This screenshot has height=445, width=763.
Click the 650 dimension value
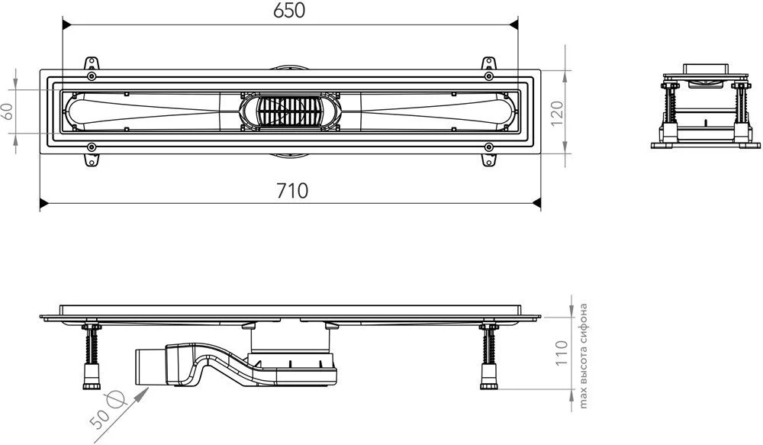289,11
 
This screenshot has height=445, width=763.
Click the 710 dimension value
292,191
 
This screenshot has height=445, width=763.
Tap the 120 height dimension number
557,114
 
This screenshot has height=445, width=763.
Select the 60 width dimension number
8,111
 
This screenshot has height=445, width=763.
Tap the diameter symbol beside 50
118,400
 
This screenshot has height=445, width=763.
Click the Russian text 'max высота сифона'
584,356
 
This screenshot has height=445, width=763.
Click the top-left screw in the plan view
91,76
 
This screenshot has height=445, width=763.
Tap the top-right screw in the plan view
488,76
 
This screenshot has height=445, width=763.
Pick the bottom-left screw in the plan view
91,147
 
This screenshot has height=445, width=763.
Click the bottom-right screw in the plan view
488,147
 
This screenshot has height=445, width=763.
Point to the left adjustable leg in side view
91,356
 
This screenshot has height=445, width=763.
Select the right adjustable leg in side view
488,356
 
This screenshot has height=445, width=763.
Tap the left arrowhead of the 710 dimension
43,203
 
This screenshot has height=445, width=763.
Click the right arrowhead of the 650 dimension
513,24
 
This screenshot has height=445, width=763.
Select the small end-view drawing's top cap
706,68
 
